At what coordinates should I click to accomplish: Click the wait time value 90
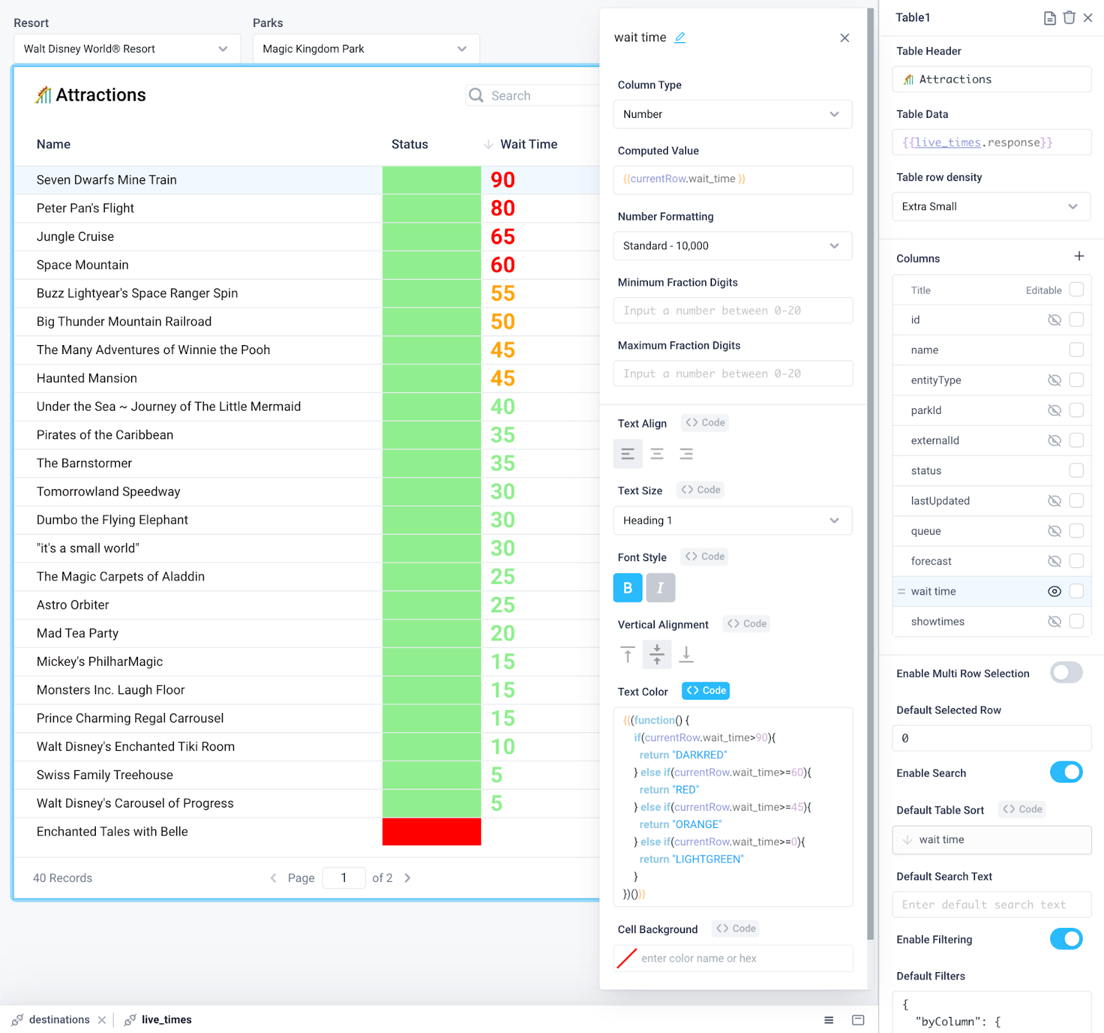click(503, 180)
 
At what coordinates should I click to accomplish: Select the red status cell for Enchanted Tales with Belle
click(431, 832)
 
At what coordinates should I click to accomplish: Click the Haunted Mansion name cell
click(87, 378)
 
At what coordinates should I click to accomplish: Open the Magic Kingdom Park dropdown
click(365, 49)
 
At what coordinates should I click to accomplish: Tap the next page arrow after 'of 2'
click(407, 878)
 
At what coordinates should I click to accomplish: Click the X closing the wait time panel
click(845, 38)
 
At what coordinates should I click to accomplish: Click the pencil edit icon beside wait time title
click(680, 37)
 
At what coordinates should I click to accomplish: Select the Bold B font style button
click(627, 588)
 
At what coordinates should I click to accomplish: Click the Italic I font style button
click(660, 588)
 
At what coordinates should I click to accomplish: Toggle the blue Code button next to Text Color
click(706, 691)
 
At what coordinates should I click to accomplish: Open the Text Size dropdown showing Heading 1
click(732, 520)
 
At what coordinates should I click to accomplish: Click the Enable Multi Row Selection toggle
click(1066, 673)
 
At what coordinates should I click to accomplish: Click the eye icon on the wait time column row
click(1054, 591)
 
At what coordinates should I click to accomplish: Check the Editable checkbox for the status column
click(1076, 471)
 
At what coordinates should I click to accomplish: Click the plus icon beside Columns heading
click(1079, 257)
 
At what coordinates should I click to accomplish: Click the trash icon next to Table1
click(1069, 18)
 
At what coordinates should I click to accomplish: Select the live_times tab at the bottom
click(166, 1020)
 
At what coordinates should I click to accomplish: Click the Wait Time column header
click(529, 144)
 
